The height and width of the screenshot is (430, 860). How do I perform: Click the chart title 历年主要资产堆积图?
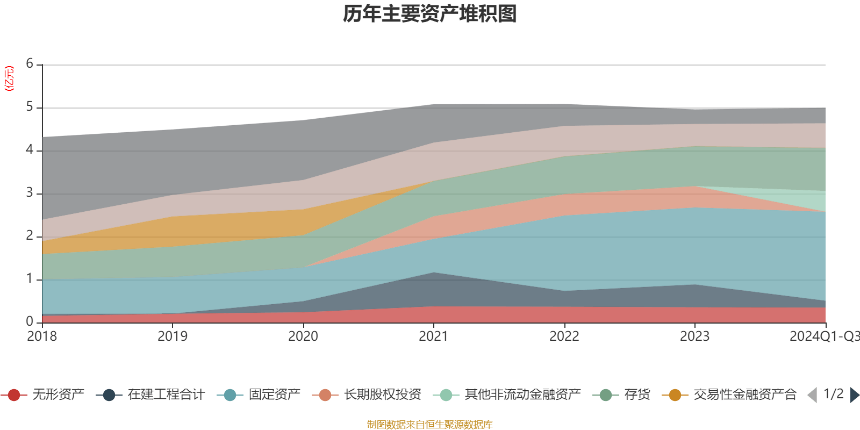pyautogui.click(x=430, y=14)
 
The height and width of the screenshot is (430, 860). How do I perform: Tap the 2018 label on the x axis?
pyautogui.click(x=42, y=336)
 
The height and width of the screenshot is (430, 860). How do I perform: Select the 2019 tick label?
pyautogui.click(x=173, y=336)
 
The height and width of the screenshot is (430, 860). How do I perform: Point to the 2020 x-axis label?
pyautogui.click(x=303, y=336)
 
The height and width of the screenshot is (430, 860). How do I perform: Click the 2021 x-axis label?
pyautogui.click(x=433, y=336)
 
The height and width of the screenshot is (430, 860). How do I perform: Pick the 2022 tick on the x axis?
pyautogui.click(x=564, y=336)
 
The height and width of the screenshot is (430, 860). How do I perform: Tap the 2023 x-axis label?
pyautogui.click(x=694, y=336)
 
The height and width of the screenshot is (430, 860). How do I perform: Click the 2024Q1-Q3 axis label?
pyautogui.click(x=824, y=336)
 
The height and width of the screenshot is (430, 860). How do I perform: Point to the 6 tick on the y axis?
pyautogui.click(x=30, y=64)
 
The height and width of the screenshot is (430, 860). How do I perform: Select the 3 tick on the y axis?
pyautogui.click(x=30, y=193)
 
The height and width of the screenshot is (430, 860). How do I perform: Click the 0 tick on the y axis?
pyautogui.click(x=30, y=321)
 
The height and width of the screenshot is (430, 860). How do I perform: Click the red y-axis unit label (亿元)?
pyautogui.click(x=9, y=78)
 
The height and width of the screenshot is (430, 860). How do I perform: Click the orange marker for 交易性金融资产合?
pyautogui.click(x=675, y=395)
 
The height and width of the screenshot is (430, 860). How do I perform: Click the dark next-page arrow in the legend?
pyautogui.click(x=854, y=395)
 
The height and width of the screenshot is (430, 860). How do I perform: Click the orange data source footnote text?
pyautogui.click(x=430, y=425)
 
